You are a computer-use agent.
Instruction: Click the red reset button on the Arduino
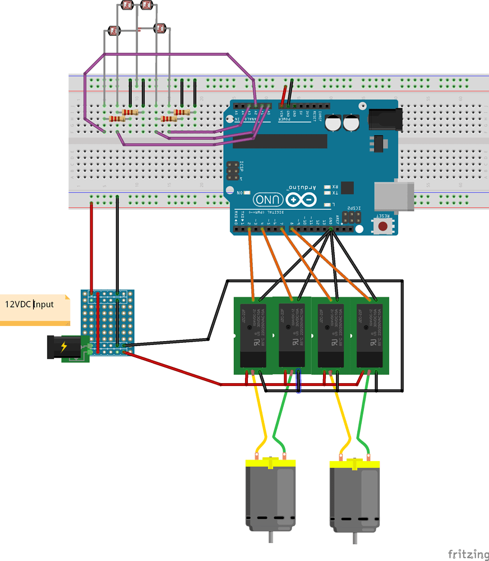click(x=384, y=227)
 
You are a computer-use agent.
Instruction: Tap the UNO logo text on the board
click(x=268, y=199)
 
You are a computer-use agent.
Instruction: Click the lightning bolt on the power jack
click(x=63, y=346)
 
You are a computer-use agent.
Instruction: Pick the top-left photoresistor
click(x=126, y=6)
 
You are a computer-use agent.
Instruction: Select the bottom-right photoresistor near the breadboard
click(x=161, y=27)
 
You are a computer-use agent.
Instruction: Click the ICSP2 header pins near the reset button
click(x=352, y=218)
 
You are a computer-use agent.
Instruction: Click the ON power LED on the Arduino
click(x=246, y=192)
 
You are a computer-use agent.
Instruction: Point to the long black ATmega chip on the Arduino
click(x=289, y=141)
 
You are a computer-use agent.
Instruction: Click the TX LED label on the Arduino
click(x=335, y=192)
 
